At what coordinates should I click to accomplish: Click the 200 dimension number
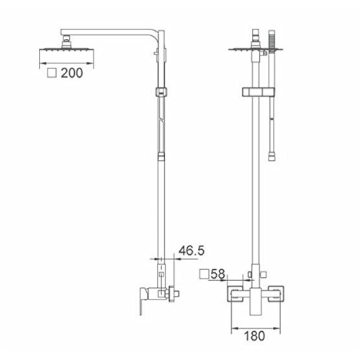pos(72,73)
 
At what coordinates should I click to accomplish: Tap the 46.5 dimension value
pos(192,251)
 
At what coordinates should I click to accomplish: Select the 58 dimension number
pos(218,274)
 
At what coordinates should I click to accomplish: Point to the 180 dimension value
pos(255,336)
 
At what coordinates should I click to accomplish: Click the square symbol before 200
pos(52,73)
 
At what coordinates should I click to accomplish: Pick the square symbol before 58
pos(204,274)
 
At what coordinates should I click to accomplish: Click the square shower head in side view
pos(66,50)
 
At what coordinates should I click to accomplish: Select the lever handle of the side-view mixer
pos(143,300)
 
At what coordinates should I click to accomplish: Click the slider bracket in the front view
pos(258,92)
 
